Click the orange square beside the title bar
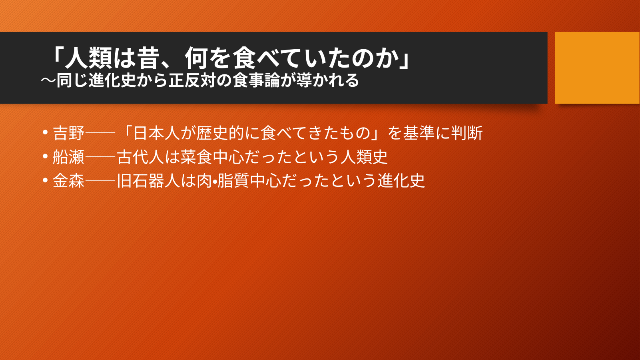click(x=597, y=68)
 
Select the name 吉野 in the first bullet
click(x=69, y=133)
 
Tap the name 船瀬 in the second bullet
click(x=69, y=157)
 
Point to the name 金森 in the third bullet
click(x=69, y=181)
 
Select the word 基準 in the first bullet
click(x=419, y=133)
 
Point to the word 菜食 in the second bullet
click(x=196, y=157)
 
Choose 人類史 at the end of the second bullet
click(x=364, y=157)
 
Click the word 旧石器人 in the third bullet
click(x=148, y=181)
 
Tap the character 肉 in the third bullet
click(x=204, y=181)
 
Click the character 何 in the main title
click(x=197, y=58)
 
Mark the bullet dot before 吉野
click(x=45, y=132)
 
